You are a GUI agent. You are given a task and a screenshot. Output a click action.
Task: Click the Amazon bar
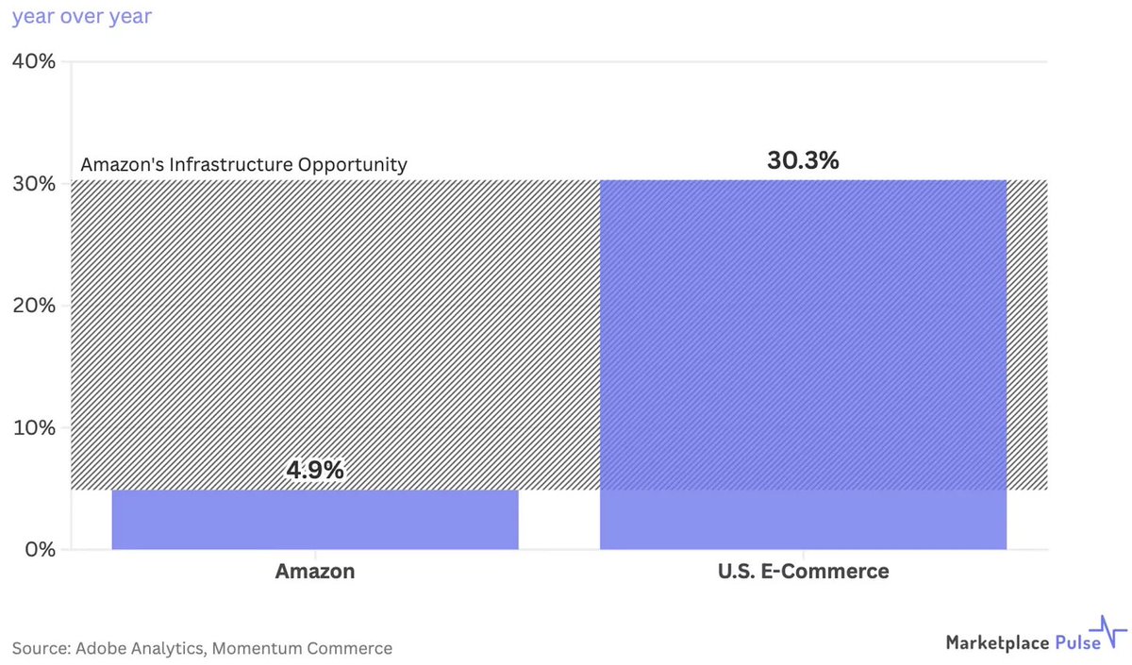315,520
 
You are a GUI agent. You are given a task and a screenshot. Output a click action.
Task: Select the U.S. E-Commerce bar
803,365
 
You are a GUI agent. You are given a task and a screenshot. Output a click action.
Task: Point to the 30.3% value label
803,160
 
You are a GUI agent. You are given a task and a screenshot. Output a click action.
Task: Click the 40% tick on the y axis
34,62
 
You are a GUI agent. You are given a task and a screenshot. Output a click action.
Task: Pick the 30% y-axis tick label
34,184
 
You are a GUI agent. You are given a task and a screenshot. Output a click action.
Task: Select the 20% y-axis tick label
34,306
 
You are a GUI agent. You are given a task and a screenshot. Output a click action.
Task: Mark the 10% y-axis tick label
34,427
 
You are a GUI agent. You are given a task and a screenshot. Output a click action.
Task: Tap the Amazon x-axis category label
315,572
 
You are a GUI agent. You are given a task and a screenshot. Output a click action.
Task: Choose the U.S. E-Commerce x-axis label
803,572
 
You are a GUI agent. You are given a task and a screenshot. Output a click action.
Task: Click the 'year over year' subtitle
81,17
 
